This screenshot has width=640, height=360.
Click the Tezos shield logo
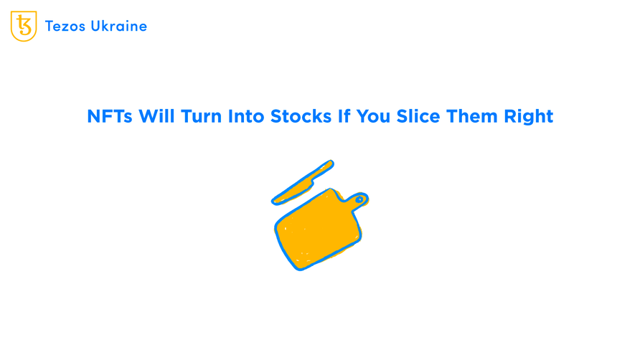point(24,27)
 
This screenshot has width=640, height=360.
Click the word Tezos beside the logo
point(66,27)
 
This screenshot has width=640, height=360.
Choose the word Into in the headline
point(247,116)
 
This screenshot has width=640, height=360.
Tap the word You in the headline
point(374,116)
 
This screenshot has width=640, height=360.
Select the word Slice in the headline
point(419,116)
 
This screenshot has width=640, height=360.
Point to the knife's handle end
point(329,164)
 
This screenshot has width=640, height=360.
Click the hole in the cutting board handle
point(359,199)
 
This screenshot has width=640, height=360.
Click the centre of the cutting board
point(316,229)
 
